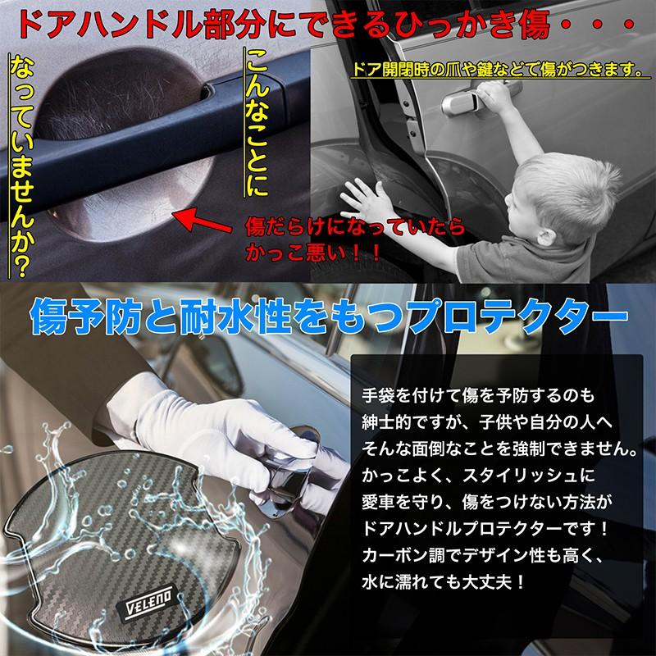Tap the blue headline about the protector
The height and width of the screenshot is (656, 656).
click(328, 316)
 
